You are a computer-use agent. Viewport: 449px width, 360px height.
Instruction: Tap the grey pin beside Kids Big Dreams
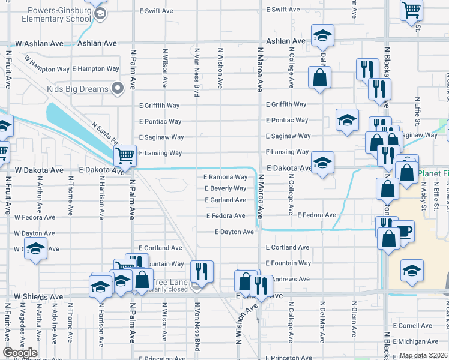click(118, 89)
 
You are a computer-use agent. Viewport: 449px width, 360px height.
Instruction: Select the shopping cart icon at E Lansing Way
click(125, 156)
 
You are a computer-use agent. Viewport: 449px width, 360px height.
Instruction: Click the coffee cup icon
click(405, 230)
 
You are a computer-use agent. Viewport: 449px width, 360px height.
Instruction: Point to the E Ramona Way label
click(225, 177)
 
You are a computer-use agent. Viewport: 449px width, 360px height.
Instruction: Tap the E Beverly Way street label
click(225, 188)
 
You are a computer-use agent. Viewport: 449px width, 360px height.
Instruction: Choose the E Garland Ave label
click(225, 200)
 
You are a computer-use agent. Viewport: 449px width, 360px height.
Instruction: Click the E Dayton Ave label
click(234, 232)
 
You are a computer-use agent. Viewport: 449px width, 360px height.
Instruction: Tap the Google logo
click(20, 353)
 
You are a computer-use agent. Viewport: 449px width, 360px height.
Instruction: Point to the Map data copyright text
click(424, 355)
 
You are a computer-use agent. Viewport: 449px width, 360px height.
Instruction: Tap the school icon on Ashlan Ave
click(322, 35)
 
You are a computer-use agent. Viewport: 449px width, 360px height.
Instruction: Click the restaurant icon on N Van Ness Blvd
click(202, 271)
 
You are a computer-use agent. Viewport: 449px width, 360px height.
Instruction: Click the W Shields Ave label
click(38, 297)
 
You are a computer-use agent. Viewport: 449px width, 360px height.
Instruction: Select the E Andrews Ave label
click(288, 279)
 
